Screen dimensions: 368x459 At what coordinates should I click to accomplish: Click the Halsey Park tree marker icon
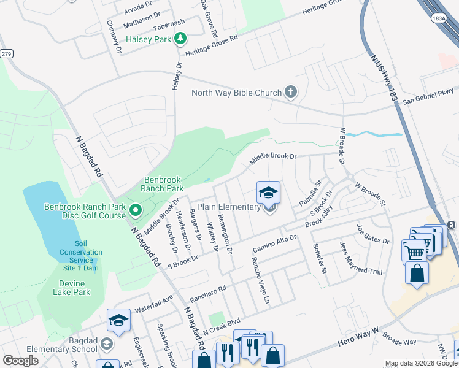(x=180, y=39)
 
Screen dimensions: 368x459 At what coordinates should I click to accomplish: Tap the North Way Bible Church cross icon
(x=291, y=93)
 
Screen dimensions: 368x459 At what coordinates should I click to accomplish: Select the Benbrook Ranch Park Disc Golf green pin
(x=136, y=212)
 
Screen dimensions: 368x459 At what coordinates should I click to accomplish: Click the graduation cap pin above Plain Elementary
(x=268, y=193)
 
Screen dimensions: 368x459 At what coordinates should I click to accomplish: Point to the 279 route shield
(x=6, y=54)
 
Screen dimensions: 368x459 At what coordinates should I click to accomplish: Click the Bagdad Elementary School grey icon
(x=107, y=345)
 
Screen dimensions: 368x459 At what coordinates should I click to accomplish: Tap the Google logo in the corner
(x=20, y=361)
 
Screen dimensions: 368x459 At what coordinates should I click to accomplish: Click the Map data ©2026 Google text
(x=421, y=364)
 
